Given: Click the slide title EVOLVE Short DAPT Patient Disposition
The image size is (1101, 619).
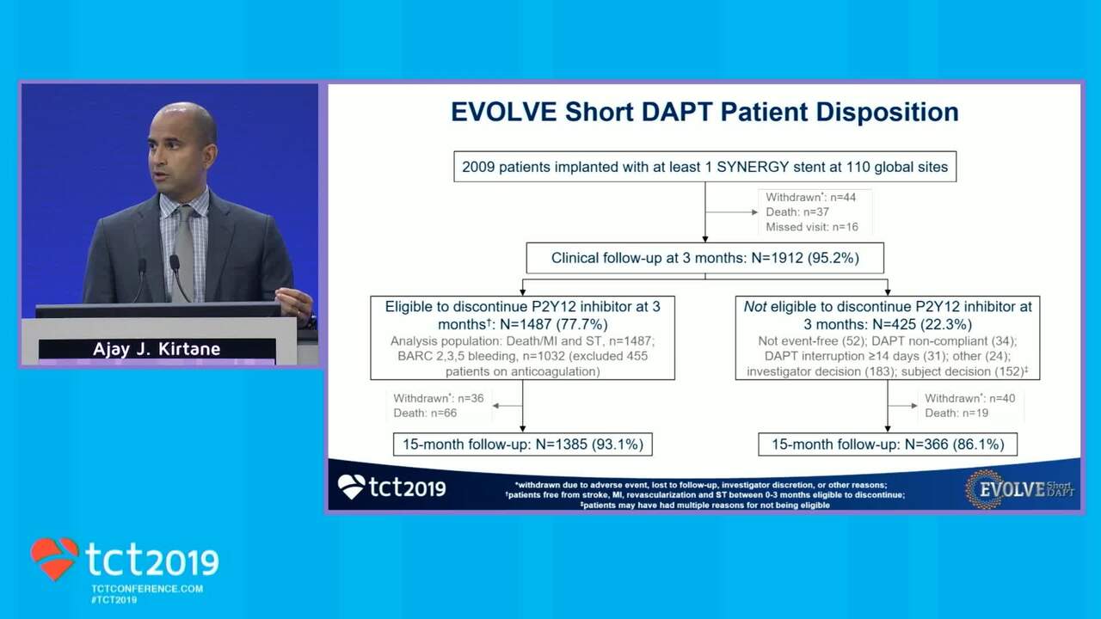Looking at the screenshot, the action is (x=704, y=112).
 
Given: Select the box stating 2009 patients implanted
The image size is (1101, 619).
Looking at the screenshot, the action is (x=704, y=167).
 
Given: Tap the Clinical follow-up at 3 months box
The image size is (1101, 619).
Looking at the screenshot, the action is (x=704, y=258).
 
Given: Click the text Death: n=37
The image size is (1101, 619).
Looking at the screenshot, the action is (x=797, y=211).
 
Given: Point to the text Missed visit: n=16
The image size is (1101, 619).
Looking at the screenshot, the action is (x=812, y=227).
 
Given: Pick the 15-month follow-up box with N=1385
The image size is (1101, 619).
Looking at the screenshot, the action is (x=523, y=444).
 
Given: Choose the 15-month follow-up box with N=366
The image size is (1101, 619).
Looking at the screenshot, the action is (x=888, y=444).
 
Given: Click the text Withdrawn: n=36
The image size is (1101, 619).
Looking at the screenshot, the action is (x=439, y=398).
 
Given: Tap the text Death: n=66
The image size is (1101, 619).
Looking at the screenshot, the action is (x=425, y=414).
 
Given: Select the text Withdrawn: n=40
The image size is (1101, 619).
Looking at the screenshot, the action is (x=969, y=398).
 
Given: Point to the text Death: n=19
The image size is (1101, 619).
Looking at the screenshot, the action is (x=956, y=414).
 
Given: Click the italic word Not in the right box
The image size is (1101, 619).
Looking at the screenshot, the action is (x=755, y=307).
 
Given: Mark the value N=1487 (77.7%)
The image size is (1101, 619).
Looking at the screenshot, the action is (x=552, y=324).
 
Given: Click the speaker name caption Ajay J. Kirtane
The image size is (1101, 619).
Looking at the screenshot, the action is (x=157, y=349).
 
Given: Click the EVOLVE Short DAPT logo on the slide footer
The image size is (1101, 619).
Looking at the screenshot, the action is (x=1020, y=489).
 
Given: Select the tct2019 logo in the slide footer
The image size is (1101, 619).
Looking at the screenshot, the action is (x=391, y=487).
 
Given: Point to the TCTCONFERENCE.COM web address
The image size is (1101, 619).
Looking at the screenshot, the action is (x=147, y=589).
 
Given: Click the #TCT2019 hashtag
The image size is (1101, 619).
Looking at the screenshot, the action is (x=114, y=600).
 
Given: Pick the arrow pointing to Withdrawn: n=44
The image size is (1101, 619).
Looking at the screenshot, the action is (x=732, y=212).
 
